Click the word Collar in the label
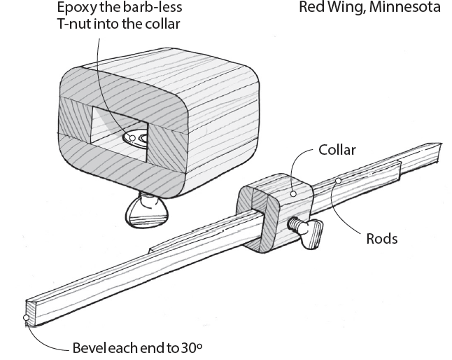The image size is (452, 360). (337, 151)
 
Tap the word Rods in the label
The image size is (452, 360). (382, 238)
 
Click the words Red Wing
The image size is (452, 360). (324, 8)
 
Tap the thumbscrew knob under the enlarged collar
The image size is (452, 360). (148, 211)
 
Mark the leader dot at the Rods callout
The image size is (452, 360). (337, 181)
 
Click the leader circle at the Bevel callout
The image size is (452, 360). (26, 319)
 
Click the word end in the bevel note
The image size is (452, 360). (157, 347)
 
